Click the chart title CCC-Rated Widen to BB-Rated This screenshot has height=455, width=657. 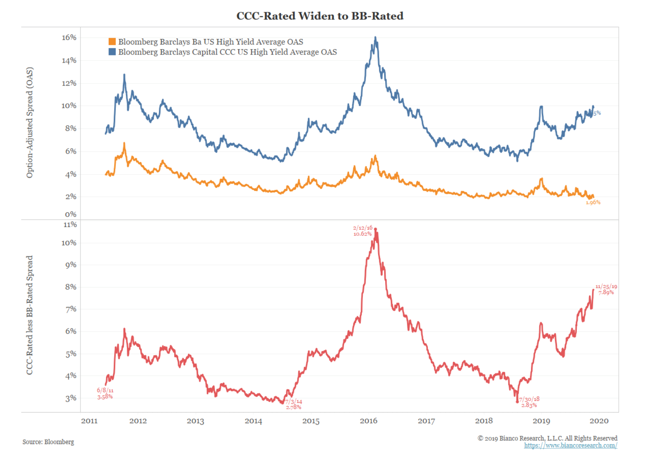pos(320,16)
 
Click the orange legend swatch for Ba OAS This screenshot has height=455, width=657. pos(112,42)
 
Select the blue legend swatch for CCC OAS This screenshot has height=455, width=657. pos(112,52)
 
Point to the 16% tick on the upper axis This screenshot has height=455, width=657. pos(69,37)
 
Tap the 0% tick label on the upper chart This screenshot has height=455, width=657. pos(70,214)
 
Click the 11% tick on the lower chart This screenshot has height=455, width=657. pos(70,225)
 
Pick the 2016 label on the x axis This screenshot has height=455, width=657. pos(368,421)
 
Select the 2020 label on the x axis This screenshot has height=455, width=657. pos(599,421)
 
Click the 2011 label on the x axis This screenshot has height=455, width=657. pos(89,421)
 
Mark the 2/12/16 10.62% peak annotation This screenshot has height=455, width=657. pos(362,231)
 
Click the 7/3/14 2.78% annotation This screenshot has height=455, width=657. pos(293,404)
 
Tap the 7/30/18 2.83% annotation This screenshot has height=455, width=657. pos(529,402)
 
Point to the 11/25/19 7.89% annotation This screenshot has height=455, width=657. pos(606,290)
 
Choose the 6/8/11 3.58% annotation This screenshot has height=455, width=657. pos(105,394)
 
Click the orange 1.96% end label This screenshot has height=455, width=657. pos(593,202)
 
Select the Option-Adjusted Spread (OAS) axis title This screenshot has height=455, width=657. pos(29,123)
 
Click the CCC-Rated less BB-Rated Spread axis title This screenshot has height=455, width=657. pos(29,315)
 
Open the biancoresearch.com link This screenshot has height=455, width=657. pos(570,446)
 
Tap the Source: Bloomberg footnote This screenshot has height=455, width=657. pos(48,442)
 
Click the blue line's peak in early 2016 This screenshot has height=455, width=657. pos(375,38)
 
